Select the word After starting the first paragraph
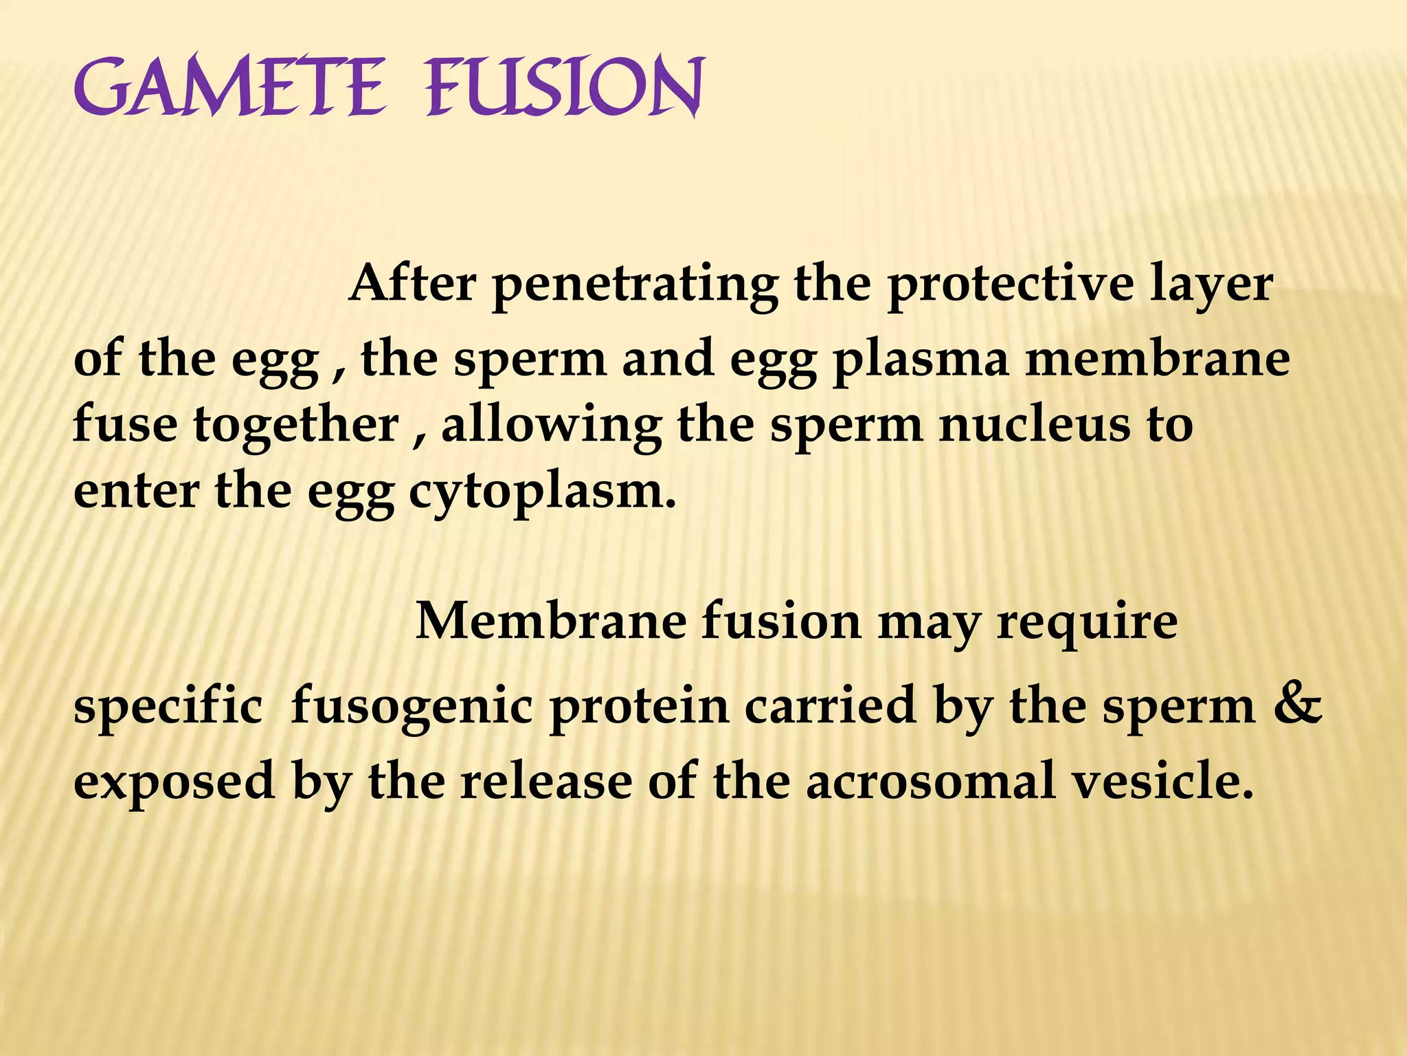(412, 283)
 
